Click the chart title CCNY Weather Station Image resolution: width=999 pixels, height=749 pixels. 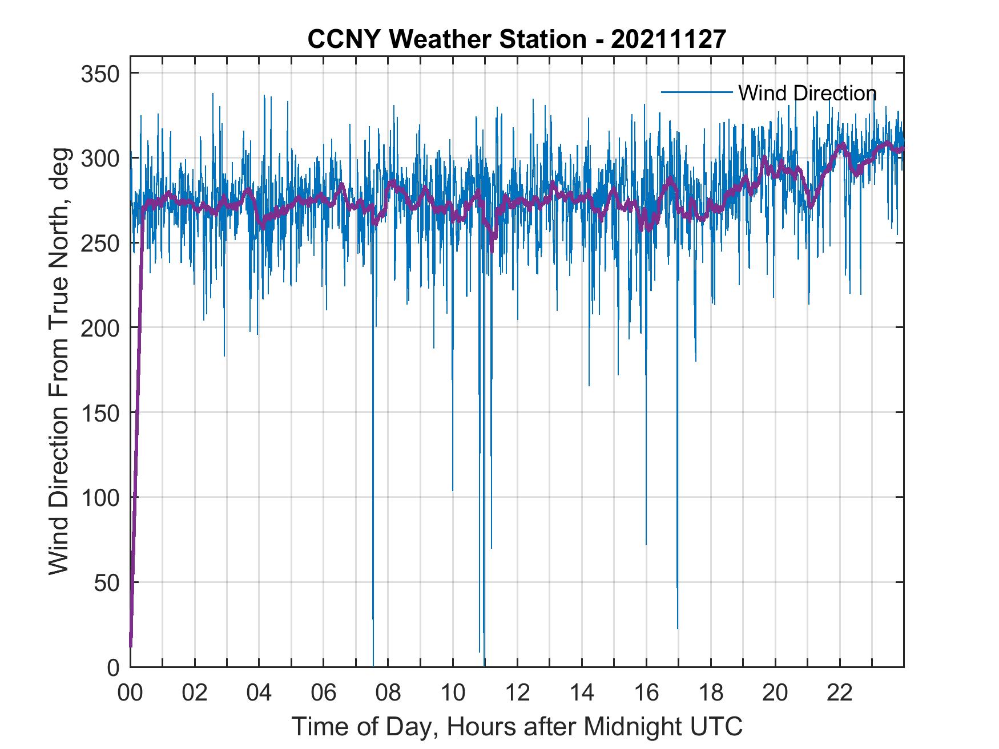point(447,39)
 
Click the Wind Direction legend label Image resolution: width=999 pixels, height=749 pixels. point(807,93)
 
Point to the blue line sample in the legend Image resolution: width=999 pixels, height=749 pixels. point(696,92)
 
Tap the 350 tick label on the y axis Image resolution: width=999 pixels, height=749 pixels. point(100,74)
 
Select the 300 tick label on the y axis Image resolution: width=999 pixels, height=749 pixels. point(100,158)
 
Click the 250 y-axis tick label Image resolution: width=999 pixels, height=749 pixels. point(100,243)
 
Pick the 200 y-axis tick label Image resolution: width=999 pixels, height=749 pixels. point(100,328)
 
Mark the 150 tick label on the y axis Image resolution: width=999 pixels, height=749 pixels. point(100,412)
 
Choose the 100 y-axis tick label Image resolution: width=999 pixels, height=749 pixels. point(100,497)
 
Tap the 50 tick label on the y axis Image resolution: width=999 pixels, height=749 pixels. point(107,582)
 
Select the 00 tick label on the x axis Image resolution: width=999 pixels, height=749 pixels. point(130,693)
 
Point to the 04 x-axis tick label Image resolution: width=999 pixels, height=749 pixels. point(259,693)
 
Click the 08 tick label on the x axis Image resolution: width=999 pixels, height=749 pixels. point(388,693)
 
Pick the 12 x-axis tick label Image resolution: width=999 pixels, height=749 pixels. point(517,693)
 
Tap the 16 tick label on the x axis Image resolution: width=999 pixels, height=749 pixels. point(646,693)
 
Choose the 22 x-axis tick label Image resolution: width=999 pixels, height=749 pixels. point(840,693)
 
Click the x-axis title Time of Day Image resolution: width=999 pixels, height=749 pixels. point(517,726)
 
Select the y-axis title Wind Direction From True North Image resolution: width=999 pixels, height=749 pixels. point(59,361)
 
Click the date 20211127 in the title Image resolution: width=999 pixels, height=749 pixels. point(668,39)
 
